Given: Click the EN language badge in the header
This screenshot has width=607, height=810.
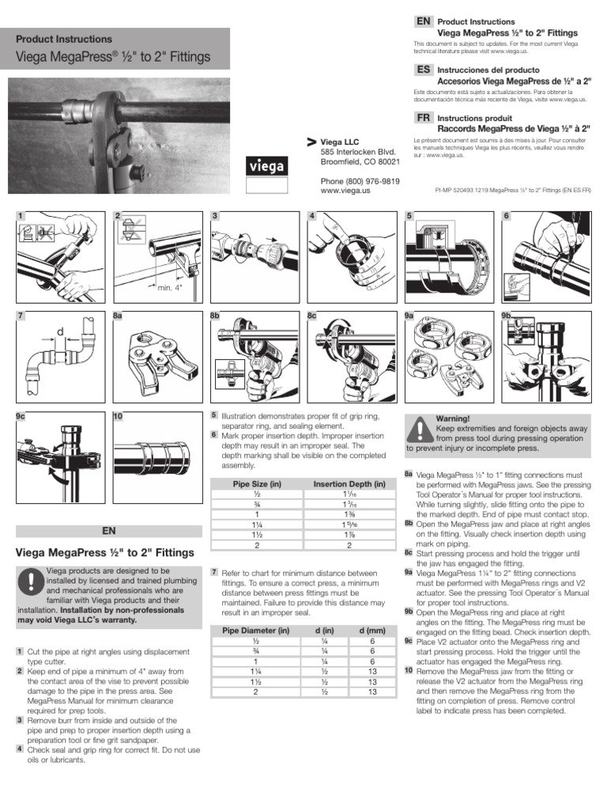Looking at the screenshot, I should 423,21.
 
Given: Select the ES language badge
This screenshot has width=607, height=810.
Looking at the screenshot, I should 423,70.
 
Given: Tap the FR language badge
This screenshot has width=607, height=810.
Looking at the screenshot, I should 423,116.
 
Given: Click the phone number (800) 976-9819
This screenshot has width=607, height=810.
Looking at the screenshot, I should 360,180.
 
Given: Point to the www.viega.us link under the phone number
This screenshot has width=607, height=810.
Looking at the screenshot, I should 345,191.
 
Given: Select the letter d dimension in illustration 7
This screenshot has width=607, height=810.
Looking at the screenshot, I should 58,333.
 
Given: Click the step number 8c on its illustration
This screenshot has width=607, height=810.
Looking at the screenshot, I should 312,316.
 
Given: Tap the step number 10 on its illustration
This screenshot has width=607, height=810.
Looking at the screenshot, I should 118,416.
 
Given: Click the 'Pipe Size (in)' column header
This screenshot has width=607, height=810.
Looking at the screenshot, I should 258,483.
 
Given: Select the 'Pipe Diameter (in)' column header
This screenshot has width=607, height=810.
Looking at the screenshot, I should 257,630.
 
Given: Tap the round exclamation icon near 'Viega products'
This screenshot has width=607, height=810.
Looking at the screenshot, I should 30,582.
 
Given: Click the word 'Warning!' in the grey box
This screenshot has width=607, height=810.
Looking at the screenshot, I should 453,418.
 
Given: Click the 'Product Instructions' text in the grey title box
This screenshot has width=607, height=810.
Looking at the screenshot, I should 64,39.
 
